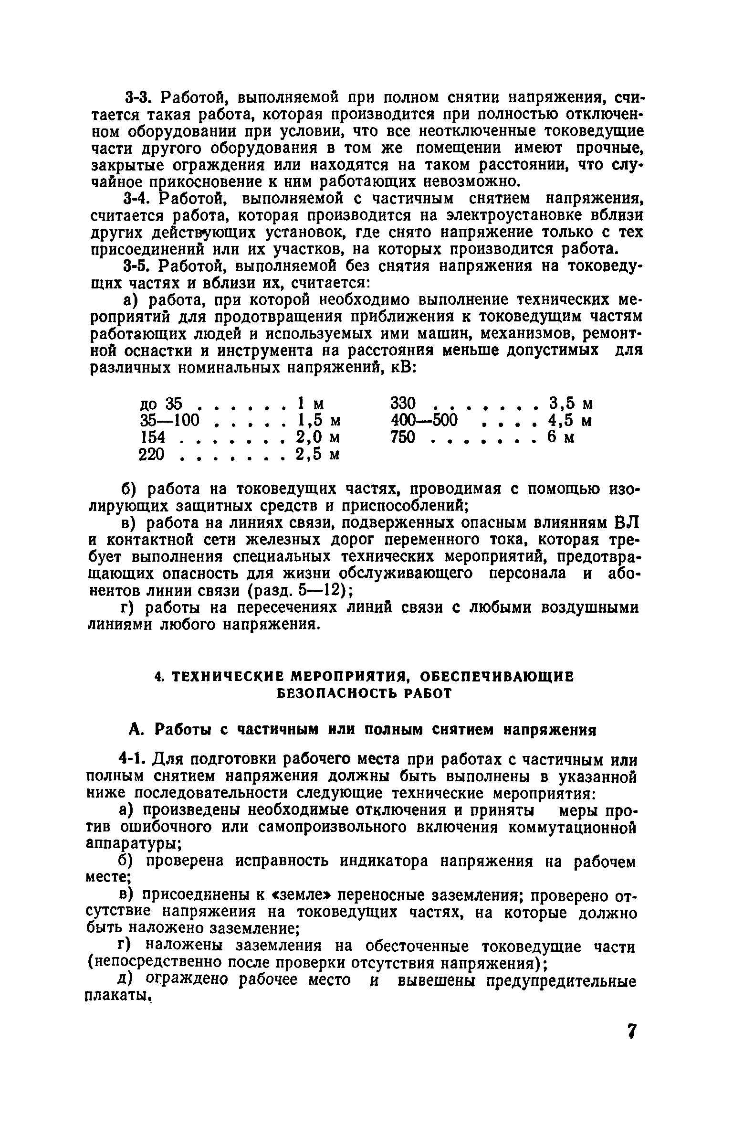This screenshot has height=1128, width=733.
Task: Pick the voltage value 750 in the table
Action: tap(403, 437)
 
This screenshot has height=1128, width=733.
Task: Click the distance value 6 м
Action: tap(560, 437)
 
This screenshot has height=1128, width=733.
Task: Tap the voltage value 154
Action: tap(152, 437)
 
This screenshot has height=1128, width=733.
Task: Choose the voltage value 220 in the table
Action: tap(152, 455)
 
